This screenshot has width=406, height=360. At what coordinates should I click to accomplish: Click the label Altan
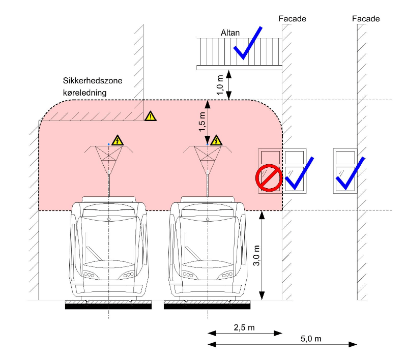click(230, 33)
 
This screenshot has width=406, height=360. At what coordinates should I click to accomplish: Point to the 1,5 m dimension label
click(202, 122)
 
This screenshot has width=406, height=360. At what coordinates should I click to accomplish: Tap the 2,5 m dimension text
click(245, 327)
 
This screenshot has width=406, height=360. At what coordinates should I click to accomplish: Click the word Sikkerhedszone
click(93, 81)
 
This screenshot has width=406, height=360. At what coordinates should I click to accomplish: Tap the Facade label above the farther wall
click(366, 19)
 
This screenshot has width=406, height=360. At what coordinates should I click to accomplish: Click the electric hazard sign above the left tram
click(118, 140)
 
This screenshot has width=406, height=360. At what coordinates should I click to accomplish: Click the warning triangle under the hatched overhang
click(151, 116)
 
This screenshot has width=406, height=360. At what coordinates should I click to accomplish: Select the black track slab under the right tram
click(207, 306)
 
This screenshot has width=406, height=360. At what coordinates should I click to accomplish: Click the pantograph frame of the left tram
click(108, 155)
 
